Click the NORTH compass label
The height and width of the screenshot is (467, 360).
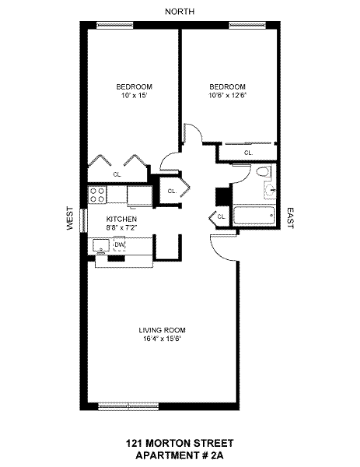180,12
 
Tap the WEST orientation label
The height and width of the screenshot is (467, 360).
70,218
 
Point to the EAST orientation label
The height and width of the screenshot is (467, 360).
290,218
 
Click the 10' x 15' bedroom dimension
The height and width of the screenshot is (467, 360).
135,96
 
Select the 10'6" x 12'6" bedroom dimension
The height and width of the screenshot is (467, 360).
228,96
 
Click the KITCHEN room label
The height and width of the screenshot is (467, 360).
121,219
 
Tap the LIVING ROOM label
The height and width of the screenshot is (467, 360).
163,330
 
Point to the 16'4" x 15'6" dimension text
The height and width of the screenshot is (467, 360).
163,339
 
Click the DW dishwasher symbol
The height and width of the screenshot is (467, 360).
119,244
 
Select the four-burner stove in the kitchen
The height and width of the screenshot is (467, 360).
97,195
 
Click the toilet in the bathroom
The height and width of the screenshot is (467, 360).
264,172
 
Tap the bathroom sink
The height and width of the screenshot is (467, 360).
270,190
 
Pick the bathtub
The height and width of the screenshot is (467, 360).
255,216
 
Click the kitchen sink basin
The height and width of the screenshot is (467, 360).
101,246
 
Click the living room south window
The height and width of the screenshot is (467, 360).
128,406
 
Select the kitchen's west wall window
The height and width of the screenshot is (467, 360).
84,220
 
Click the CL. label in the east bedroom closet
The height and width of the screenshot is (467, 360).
249,153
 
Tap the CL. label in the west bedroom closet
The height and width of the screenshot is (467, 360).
117,175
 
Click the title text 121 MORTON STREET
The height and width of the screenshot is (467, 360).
180,443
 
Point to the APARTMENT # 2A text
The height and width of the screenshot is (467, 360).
180,455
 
